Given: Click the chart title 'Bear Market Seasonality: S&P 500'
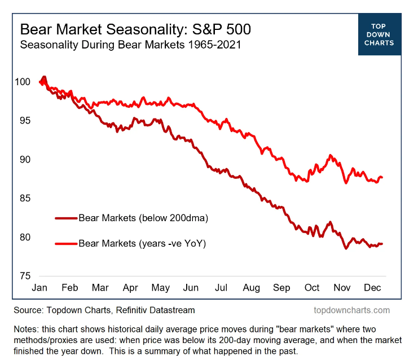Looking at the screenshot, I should (135, 29).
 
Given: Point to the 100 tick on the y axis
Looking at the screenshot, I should (23, 82).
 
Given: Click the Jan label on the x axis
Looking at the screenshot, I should (39, 288).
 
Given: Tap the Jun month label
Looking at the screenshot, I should (191, 288).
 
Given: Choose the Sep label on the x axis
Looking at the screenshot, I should (281, 288).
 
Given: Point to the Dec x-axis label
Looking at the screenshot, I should (373, 288).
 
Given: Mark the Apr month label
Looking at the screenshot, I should (130, 288).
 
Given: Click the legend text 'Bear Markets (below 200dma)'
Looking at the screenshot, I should (135, 217).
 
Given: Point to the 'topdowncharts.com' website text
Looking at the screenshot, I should (351, 310).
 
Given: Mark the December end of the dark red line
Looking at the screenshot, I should (382, 244).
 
